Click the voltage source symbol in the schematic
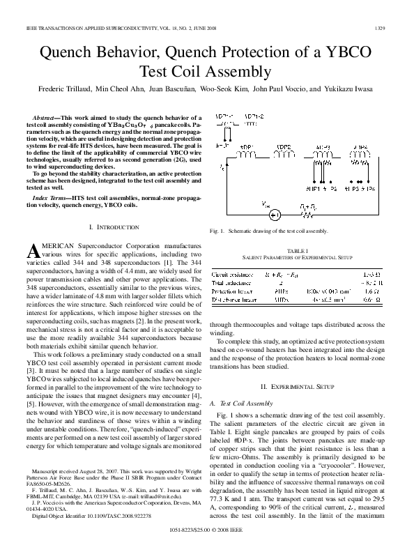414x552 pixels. coord(275,214)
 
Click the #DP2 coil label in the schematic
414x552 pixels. coord(282,148)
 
